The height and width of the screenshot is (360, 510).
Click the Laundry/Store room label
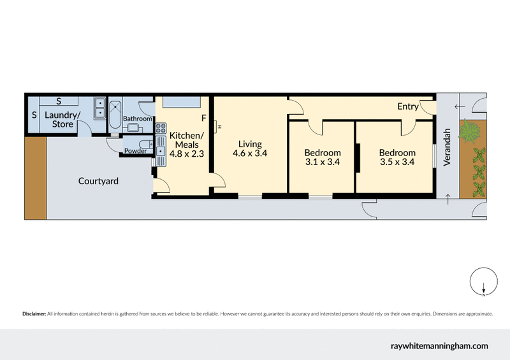62,120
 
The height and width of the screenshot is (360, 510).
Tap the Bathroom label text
137,119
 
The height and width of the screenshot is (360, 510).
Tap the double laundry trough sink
99,109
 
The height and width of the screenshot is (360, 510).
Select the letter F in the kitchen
204,119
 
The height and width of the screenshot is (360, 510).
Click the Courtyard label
98,181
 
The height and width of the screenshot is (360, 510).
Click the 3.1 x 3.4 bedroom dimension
322,162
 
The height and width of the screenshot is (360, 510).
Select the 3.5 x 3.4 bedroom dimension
397,162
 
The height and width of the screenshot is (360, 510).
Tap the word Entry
407,106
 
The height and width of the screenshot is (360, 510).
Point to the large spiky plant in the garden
471,132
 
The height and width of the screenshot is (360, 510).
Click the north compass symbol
484,284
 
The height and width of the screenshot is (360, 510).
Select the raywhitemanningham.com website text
439,345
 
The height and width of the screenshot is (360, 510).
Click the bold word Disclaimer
34,314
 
